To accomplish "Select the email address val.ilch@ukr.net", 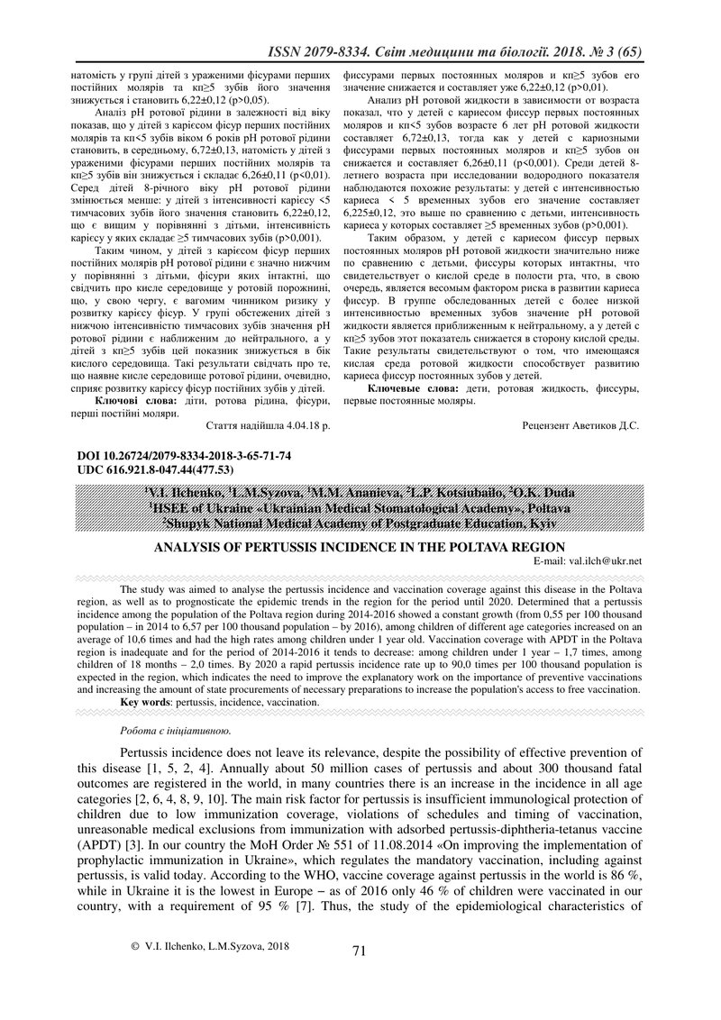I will tap(605, 560).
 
